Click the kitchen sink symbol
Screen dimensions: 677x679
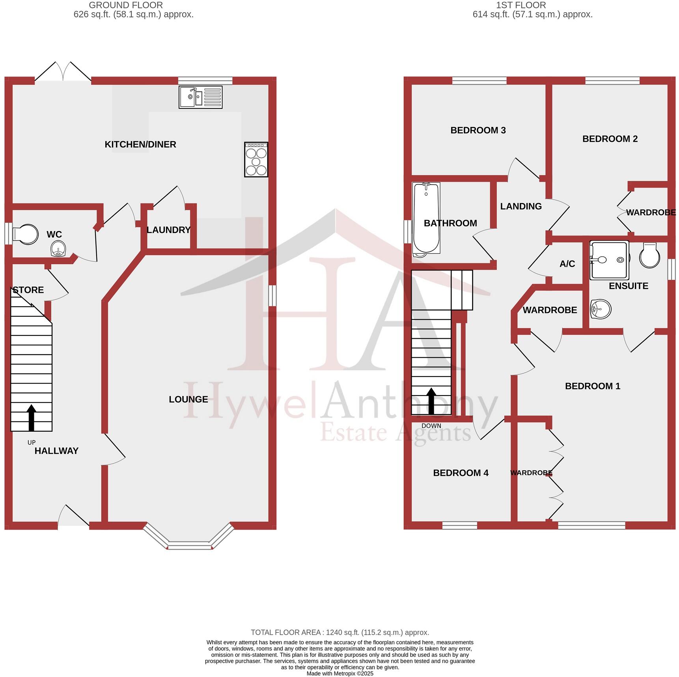click(200, 97)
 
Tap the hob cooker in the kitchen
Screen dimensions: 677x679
click(256, 160)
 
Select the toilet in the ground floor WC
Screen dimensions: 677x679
click(25, 234)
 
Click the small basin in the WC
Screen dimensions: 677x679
click(59, 249)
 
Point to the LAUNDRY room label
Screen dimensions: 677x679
click(168, 230)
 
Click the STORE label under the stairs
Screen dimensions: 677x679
click(28, 290)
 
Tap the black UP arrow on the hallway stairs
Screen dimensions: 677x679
click(31, 417)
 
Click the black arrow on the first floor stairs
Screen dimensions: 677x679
click(431, 401)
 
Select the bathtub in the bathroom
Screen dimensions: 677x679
click(426, 218)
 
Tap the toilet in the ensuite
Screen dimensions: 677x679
click(649, 256)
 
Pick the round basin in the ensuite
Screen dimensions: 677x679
click(601, 309)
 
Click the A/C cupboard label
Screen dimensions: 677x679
click(567, 264)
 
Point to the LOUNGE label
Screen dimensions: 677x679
click(188, 399)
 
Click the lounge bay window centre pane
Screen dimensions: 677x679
click(190, 546)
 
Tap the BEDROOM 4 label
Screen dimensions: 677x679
click(461, 473)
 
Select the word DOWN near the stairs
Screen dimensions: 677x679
click(431, 426)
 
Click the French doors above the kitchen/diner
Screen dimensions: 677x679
click(63, 72)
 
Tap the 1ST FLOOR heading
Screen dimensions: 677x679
click(520, 5)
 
